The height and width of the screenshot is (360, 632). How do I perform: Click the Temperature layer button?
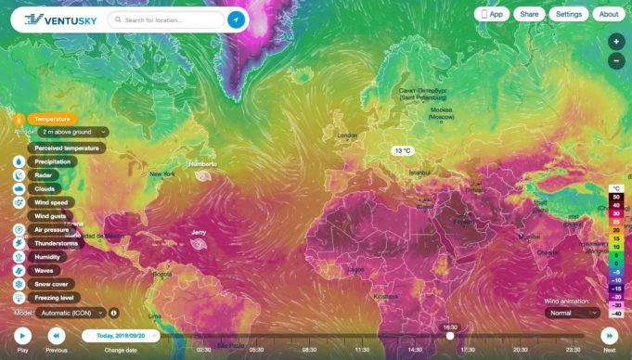[51, 119]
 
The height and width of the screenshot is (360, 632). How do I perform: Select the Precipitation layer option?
[51, 161]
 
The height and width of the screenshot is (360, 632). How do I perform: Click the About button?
[608, 14]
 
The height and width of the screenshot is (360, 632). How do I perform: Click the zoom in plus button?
[616, 42]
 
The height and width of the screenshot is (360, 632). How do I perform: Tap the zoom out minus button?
[616, 61]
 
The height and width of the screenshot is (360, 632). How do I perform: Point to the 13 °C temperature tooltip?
[403, 150]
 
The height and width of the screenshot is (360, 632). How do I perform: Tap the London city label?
[347, 135]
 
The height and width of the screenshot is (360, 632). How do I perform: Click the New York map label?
[161, 174]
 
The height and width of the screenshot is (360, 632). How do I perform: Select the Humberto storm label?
[202, 164]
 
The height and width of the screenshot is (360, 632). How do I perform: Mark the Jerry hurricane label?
[198, 232]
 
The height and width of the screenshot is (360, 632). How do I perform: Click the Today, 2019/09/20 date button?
[120, 336]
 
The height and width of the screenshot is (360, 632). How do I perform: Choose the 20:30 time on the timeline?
[521, 350]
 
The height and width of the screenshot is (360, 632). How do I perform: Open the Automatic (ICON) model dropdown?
[74, 313]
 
